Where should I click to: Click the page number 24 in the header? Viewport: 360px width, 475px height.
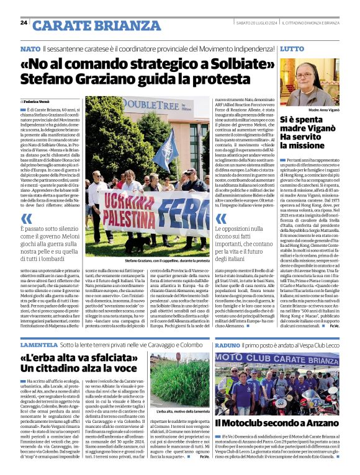[x=24, y=22]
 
